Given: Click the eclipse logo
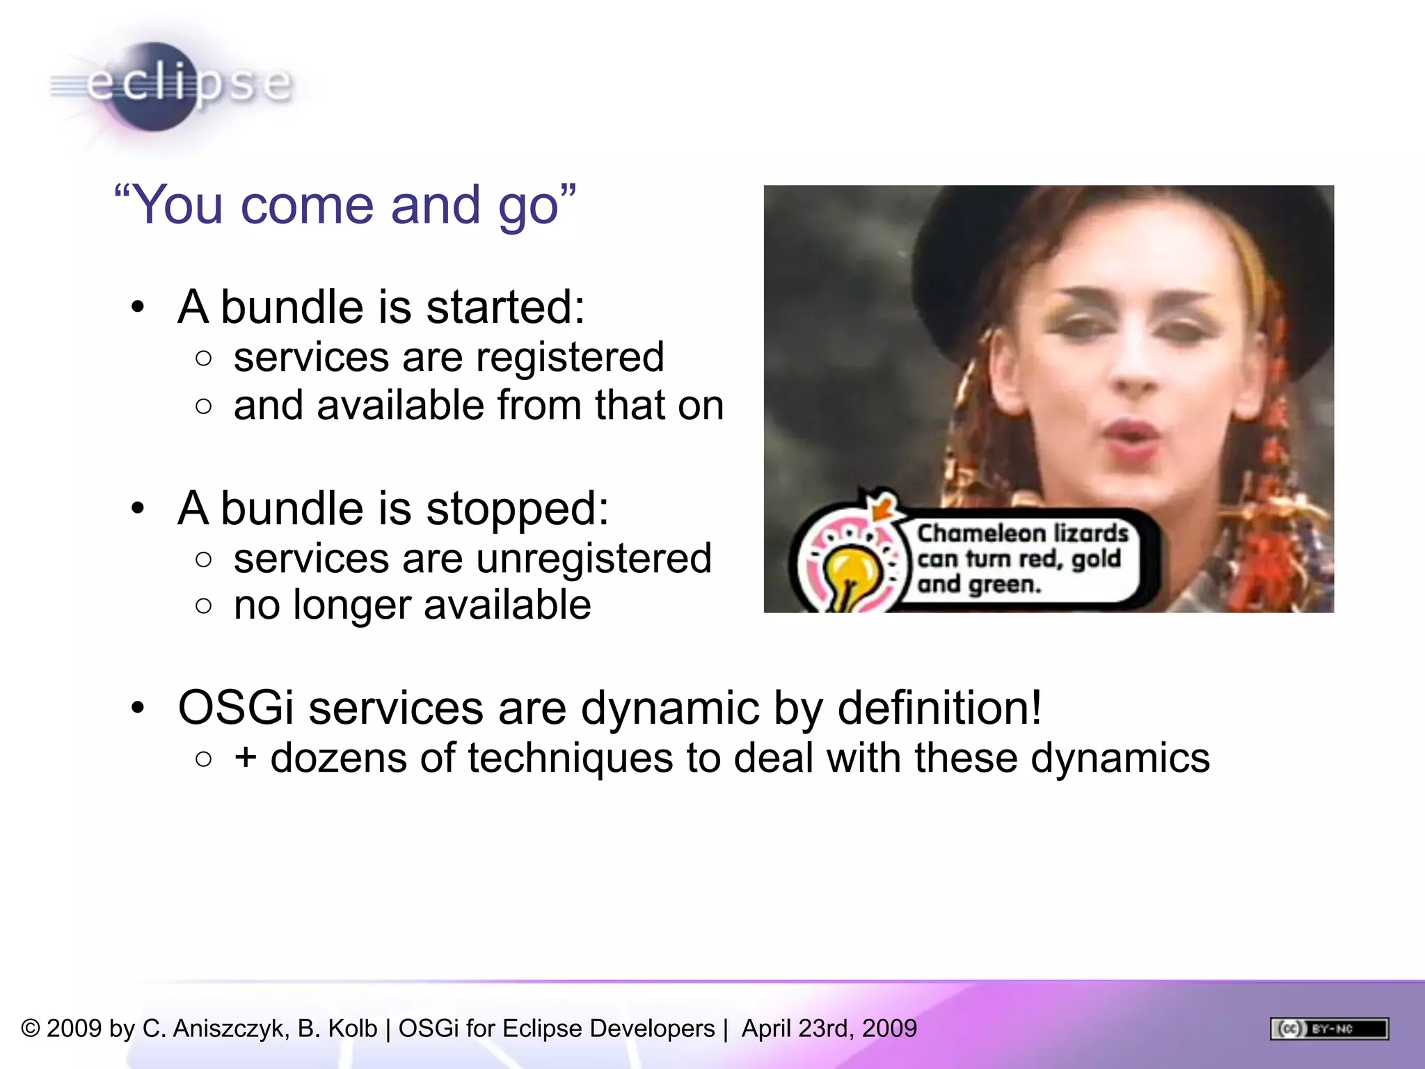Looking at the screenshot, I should click(x=170, y=85).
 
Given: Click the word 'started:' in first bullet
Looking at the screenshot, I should click(x=505, y=307).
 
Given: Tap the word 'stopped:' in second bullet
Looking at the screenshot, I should click(x=517, y=508).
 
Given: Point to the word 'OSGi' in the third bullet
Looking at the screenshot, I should click(x=236, y=708).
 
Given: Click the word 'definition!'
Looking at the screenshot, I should click(x=939, y=708).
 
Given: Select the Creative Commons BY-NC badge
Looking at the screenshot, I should click(x=1329, y=1029).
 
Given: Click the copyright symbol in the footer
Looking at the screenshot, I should click(x=31, y=1029).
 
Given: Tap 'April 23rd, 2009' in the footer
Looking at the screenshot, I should click(x=829, y=1029).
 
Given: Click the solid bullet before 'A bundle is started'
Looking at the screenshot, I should click(x=138, y=307).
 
